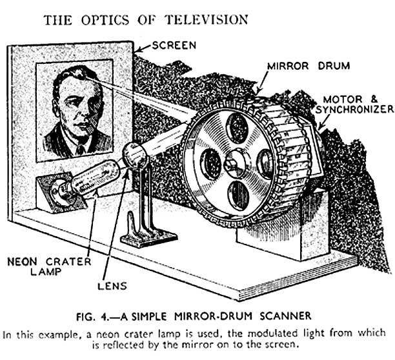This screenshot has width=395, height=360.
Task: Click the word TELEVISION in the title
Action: (207, 20)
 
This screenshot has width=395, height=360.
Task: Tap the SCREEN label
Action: (174, 46)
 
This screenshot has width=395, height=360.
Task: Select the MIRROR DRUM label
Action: (309, 66)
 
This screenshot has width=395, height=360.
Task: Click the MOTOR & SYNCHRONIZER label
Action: (355, 105)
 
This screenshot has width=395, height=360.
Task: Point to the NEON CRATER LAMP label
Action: (49, 266)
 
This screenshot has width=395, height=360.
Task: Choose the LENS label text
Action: (112, 286)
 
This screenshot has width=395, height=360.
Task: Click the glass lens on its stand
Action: (135, 155)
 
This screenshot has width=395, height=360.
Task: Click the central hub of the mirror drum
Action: (234, 165)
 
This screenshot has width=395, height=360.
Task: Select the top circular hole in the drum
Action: (238, 128)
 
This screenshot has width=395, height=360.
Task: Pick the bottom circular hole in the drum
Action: (238, 195)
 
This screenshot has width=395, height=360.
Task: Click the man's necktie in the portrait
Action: (81, 150)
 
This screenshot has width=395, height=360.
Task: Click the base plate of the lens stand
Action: (149, 237)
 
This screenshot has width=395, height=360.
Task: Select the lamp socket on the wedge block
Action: (60, 192)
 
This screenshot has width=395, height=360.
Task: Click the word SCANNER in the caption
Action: (285, 315)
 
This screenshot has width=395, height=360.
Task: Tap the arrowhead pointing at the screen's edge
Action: (137, 50)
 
